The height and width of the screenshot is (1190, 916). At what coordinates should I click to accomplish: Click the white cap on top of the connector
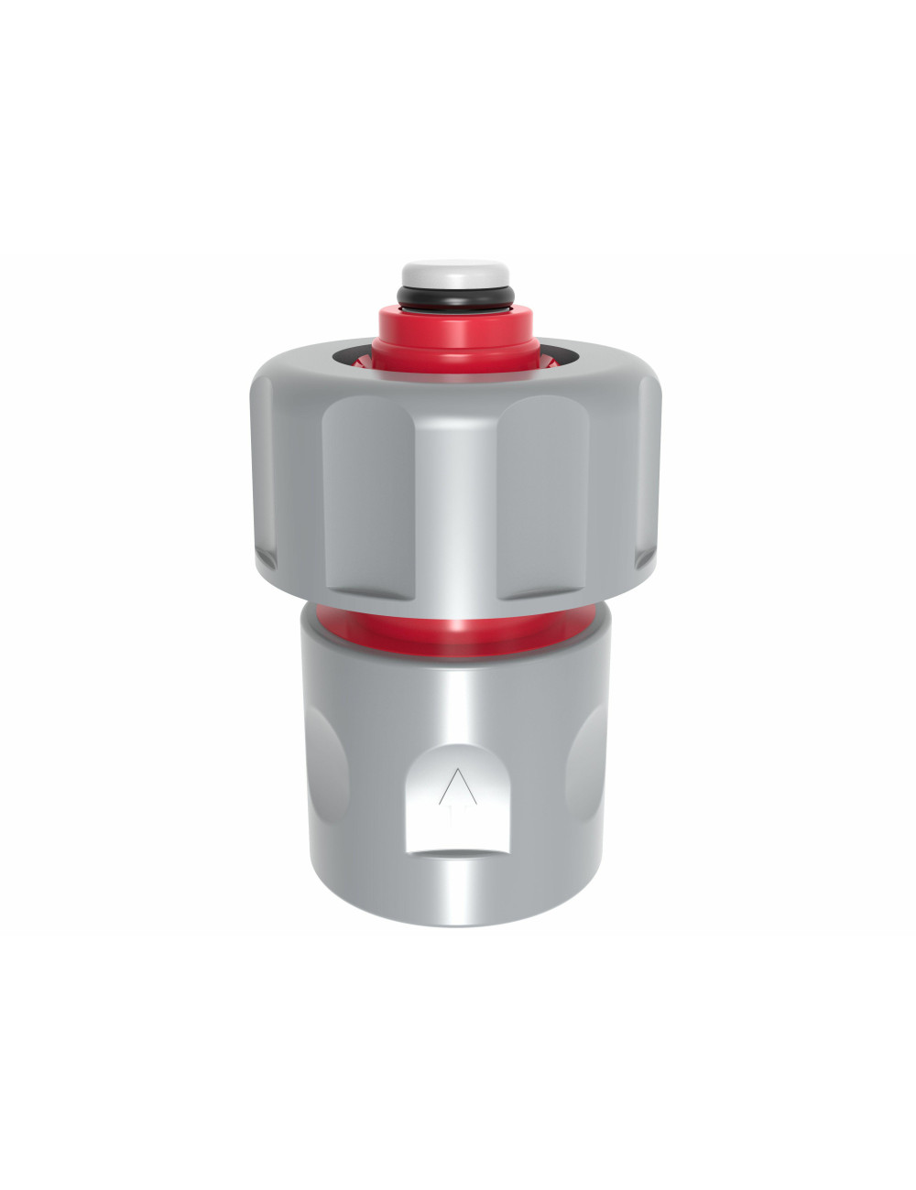[x=455, y=273]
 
